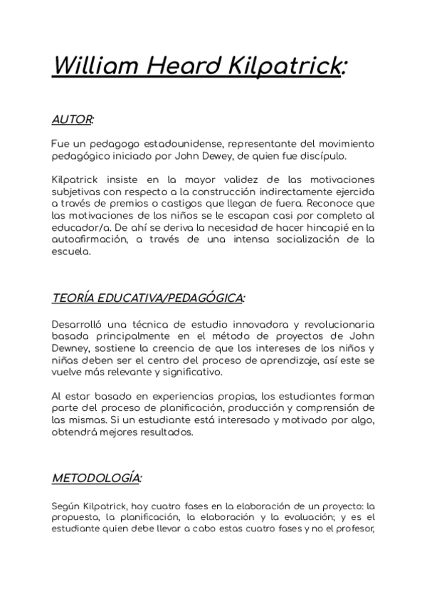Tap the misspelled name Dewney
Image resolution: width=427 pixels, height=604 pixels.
(70, 349)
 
